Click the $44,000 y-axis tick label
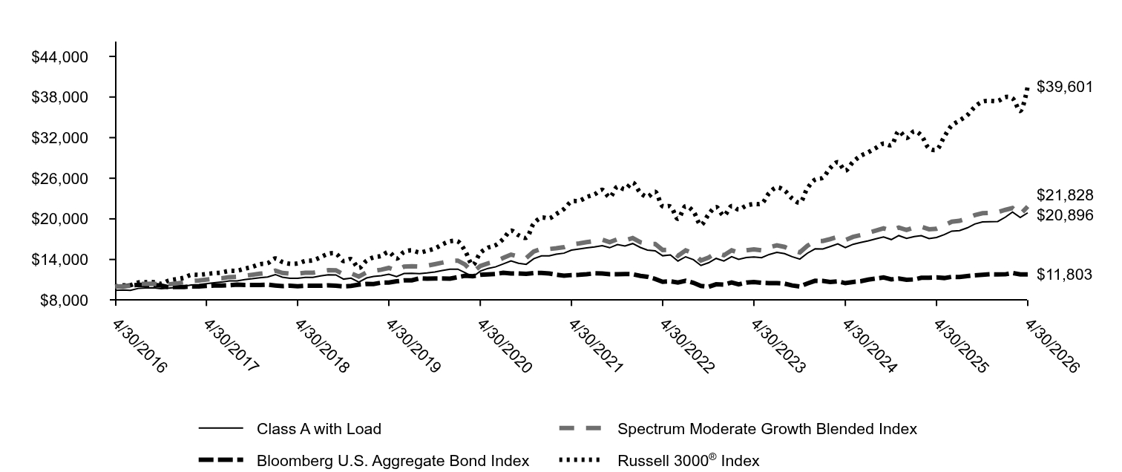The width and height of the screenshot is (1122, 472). coord(59,57)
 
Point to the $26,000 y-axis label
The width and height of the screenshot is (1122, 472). coord(59,179)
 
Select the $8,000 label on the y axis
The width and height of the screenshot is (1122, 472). coord(64,301)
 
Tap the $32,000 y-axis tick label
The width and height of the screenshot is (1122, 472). coord(59,138)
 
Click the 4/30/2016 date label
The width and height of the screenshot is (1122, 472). coord(140,347)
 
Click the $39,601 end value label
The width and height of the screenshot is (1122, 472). coord(1064,87)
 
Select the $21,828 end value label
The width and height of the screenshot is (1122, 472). coord(1064,195)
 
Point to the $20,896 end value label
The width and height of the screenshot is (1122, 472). coord(1064,215)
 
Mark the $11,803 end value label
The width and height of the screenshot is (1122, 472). coord(1064,275)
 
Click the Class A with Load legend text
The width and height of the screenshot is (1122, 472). coord(319,429)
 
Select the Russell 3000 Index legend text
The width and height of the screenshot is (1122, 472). coord(688,460)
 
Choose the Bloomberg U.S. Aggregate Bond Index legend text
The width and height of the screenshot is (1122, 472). coord(393,460)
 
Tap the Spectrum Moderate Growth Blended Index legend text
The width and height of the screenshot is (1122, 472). coord(767,429)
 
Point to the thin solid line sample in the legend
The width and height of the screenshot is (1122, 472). coord(220,428)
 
